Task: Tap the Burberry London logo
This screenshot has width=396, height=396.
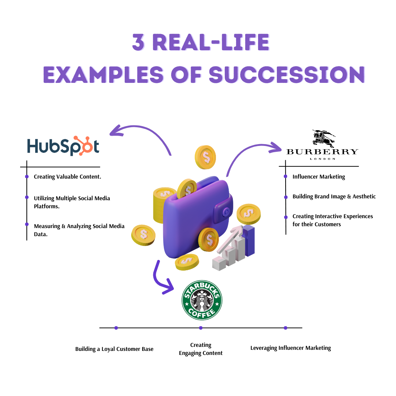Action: coord(322,145)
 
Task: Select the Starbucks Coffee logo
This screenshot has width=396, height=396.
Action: coord(202,300)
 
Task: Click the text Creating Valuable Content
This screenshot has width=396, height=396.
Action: coord(67,177)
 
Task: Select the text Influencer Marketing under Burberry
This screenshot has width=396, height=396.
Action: coord(319,177)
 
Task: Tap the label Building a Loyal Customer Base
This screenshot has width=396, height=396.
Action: coord(114,349)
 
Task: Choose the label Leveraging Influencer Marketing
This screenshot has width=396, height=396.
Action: coord(290,348)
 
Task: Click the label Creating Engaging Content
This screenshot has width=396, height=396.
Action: coord(201,349)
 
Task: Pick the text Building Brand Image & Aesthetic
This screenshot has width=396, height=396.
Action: coord(334,197)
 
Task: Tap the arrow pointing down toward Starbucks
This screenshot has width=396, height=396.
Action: coord(161,279)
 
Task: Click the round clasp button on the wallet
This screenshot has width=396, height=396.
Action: coord(226,212)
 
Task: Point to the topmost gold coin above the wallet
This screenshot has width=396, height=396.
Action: coord(205,157)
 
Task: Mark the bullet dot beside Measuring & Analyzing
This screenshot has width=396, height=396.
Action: coord(27,224)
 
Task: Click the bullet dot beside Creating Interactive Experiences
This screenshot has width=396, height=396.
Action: coord(286,217)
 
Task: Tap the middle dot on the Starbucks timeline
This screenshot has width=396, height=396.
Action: coord(201,328)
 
